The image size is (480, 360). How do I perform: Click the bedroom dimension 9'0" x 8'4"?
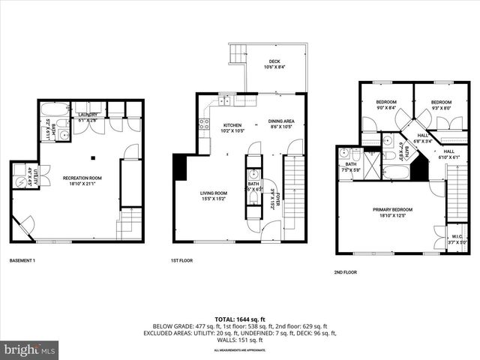[387, 108]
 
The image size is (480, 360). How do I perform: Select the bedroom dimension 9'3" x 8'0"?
[441, 108]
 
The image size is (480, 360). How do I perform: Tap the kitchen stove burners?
[203, 124]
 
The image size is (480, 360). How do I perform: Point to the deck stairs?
[238, 54]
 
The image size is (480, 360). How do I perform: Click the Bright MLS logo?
[30, 349]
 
